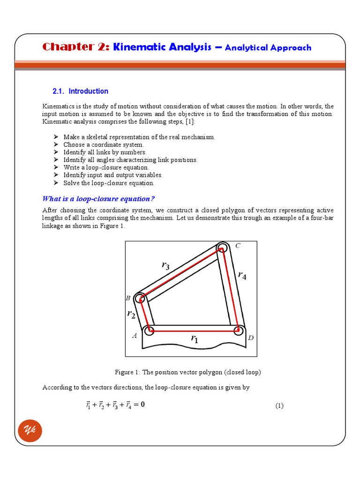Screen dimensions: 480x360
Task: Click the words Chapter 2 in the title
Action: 76,47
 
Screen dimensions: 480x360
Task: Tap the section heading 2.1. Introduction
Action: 80,91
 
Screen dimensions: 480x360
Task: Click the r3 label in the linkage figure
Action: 165,266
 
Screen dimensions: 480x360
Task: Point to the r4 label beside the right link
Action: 242,275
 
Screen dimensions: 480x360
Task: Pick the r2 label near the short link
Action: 131,315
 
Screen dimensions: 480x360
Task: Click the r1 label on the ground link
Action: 194,338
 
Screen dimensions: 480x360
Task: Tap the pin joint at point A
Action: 150,331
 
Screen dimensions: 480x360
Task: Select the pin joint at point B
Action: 140,298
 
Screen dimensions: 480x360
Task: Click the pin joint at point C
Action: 222,247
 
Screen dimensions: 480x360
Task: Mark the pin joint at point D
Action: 239,330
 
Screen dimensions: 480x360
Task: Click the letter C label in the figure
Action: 238,246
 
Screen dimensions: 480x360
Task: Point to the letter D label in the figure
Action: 251,337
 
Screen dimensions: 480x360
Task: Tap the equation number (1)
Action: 279,405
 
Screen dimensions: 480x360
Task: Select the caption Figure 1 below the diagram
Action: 187,372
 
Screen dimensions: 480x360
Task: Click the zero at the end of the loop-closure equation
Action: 142,405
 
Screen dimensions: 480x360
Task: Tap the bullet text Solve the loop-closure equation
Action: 109,183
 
